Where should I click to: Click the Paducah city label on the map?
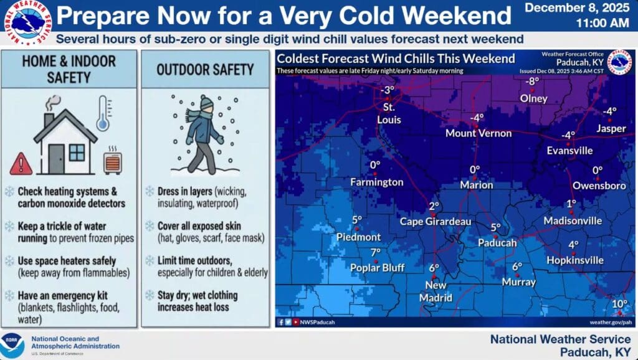497,243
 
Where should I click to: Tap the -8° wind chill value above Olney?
533,81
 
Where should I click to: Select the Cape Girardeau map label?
436,222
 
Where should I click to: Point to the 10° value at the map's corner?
620,303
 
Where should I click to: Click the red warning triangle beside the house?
21,164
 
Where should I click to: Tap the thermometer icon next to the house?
104,113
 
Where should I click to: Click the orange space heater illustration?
113,161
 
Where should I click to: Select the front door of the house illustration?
56,159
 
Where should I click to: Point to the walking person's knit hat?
206,102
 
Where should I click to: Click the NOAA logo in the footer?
12,346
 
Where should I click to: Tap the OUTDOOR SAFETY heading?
205,70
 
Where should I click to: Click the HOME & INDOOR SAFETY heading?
69,69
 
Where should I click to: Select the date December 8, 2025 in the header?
577,7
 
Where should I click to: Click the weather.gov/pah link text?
611,322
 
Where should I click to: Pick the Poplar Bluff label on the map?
377,268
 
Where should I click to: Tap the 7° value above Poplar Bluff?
376,253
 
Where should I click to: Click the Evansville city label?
569,151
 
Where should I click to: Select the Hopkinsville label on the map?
575,260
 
